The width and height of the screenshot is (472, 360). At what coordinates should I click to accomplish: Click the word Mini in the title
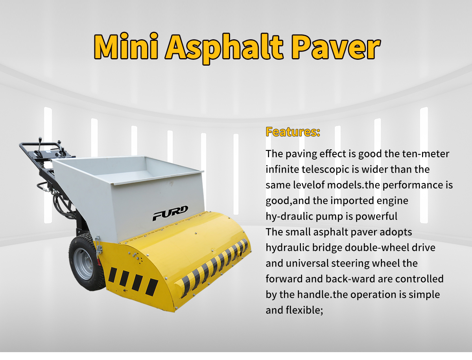[x=126, y=46]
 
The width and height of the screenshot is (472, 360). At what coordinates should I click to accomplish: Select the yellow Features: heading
[x=293, y=132]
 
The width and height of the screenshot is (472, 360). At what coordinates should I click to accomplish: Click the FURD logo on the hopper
[x=170, y=213]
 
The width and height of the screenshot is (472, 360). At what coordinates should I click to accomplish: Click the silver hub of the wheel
[x=83, y=264]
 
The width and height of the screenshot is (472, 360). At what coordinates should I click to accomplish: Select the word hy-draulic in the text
[x=289, y=216]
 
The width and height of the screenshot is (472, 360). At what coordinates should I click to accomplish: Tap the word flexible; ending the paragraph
[x=304, y=310]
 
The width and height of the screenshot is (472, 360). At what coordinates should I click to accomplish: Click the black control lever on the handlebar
[x=40, y=145]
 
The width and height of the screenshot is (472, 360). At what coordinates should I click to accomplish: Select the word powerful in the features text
[x=376, y=216]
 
